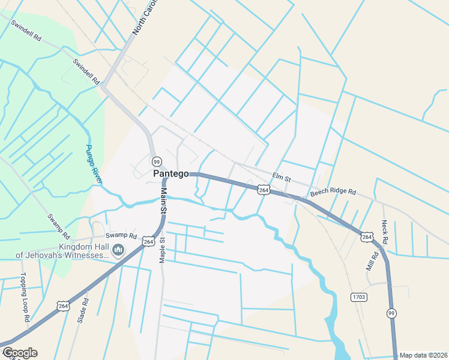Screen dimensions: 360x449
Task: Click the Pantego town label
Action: [x=171, y=173]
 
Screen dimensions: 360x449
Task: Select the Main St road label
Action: [x=163, y=202]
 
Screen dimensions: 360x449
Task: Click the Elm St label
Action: [x=281, y=177]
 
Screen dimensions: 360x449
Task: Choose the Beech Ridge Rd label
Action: [x=333, y=193]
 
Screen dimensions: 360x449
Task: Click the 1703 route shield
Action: [x=358, y=297]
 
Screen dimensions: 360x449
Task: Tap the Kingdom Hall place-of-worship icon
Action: [x=118, y=250]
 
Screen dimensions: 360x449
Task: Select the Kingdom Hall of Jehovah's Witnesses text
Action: [x=62, y=251]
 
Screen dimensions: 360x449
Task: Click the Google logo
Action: [x=19, y=353]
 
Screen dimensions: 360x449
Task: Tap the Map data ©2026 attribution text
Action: [x=423, y=355]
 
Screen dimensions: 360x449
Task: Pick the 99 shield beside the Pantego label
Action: [x=157, y=161]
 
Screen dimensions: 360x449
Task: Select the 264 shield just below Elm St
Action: [x=264, y=190]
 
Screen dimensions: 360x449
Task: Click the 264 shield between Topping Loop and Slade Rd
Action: [x=63, y=306]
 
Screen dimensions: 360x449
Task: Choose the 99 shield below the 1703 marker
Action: [x=391, y=313]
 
